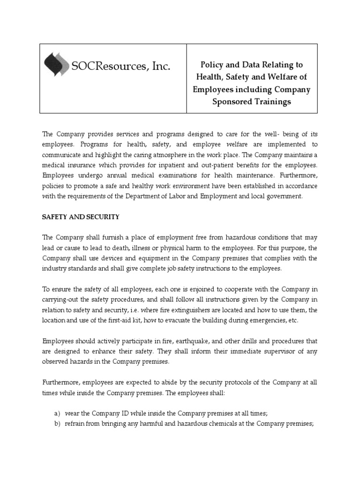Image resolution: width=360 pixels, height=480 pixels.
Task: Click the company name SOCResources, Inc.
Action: (120, 67)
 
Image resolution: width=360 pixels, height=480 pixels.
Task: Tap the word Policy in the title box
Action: (213, 64)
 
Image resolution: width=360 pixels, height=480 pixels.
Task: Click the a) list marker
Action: (58, 413)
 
